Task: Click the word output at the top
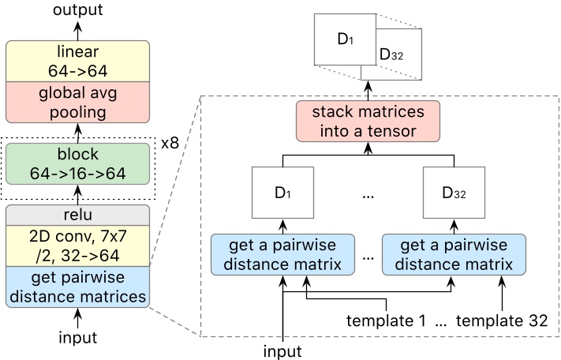(77, 10)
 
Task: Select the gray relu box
(77, 215)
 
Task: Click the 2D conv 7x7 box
(77, 245)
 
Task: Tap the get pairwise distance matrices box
(77, 286)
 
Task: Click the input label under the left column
(77, 338)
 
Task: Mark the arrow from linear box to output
(77, 29)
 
